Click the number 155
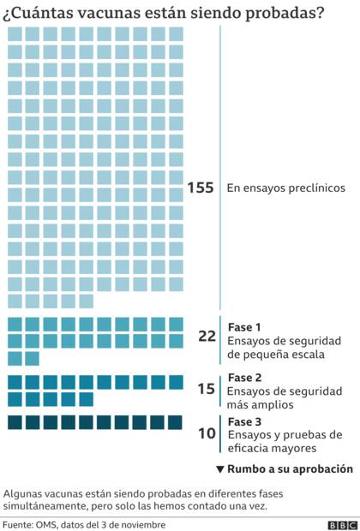point(200,188)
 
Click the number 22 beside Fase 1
point(207,337)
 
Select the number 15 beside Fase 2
point(206,389)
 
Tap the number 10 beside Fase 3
point(206,433)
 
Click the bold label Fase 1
point(244,326)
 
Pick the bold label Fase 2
point(244,378)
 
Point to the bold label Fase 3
point(244,421)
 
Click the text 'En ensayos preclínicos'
point(285,188)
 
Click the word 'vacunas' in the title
point(106,12)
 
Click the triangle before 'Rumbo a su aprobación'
point(220,469)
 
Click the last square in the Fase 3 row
point(175,422)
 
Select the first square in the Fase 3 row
point(15,422)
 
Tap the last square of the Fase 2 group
point(86,399)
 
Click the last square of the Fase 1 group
point(32,358)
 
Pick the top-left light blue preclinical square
point(15,33)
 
